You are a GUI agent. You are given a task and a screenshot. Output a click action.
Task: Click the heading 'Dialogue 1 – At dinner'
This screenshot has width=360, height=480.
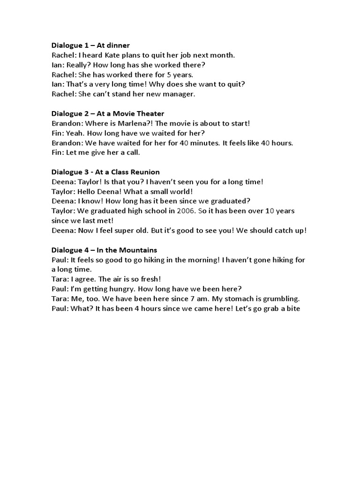coord(90,45)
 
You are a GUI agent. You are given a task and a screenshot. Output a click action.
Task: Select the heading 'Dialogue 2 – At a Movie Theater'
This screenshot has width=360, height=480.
coord(108,113)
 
